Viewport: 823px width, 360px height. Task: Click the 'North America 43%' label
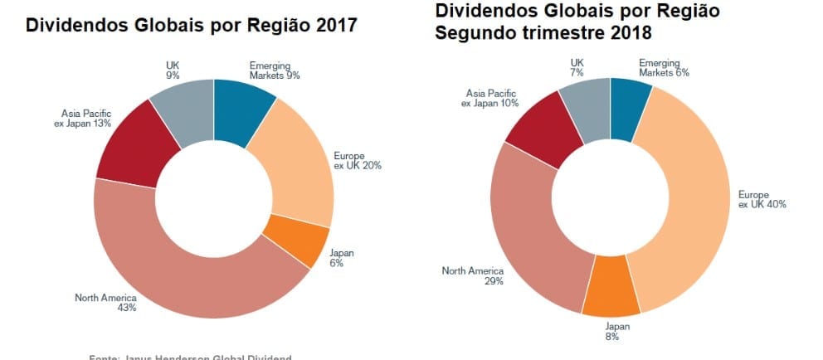pyautogui.click(x=105, y=302)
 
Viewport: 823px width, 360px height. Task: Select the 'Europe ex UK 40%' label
pyautogui.click(x=762, y=199)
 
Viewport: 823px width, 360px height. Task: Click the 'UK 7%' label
pyautogui.click(x=577, y=68)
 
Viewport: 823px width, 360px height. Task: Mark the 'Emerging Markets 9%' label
pyautogui.click(x=274, y=70)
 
